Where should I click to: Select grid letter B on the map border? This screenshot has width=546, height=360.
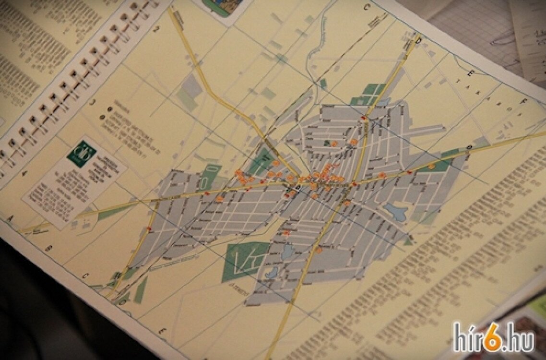pyautogui.click(x=48, y=248)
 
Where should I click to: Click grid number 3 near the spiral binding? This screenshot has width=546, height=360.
pyautogui.click(x=94, y=102)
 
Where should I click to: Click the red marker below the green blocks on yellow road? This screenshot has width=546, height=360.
pyautogui.click(x=364, y=118)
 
